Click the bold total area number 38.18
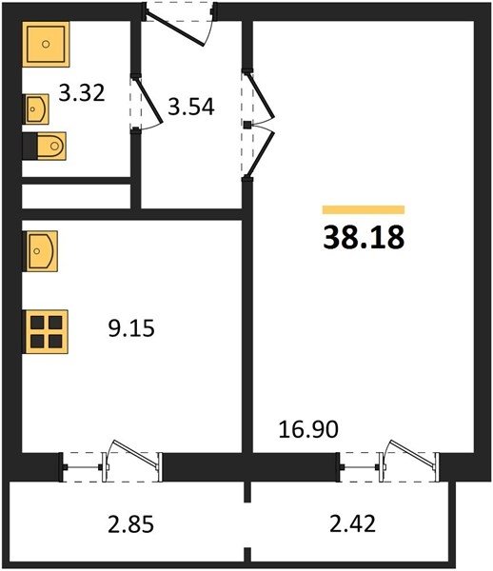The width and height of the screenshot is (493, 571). [364, 237]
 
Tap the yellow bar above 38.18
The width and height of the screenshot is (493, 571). [364, 209]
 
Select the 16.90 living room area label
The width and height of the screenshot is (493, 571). [308, 429]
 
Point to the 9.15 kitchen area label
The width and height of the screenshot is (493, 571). [131, 328]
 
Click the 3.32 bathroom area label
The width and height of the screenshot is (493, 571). [82, 92]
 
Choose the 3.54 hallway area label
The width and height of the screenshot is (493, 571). [191, 107]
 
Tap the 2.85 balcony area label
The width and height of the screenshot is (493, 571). [130, 524]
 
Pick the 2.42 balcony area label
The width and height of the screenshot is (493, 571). [352, 524]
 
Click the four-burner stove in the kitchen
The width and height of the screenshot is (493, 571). [46, 332]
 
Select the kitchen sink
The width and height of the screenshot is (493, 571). [40, 251]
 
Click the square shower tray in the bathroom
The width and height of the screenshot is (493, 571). [46, 45]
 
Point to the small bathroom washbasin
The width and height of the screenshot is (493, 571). [36, 108]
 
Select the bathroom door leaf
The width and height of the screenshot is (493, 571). [148, 100]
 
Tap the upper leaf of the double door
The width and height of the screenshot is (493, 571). [260, 95]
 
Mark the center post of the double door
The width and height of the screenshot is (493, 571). [247, 126]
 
